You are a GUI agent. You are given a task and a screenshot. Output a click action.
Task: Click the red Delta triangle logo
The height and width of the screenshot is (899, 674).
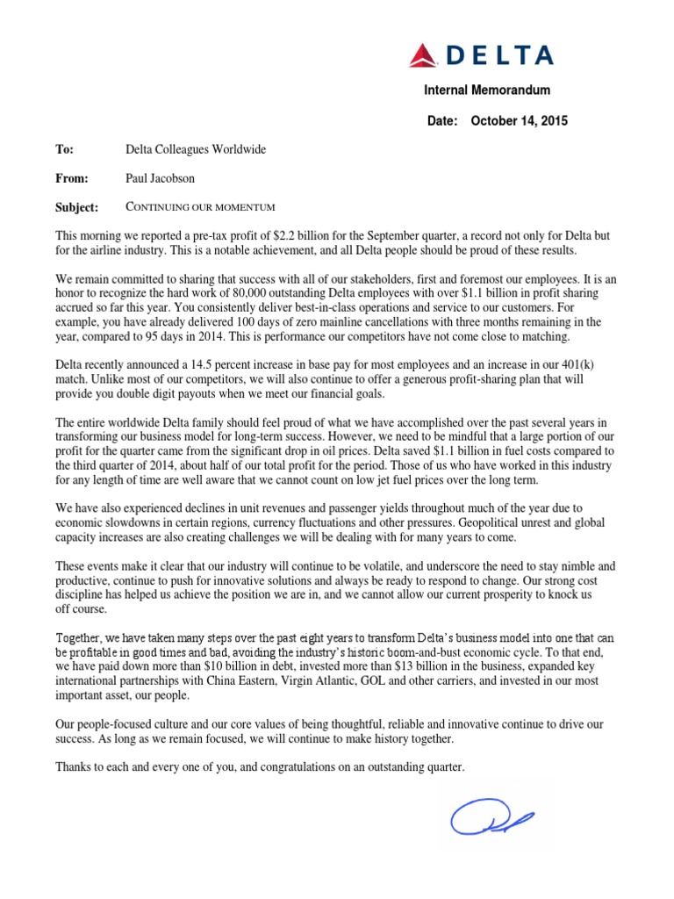click(x=425, y=55)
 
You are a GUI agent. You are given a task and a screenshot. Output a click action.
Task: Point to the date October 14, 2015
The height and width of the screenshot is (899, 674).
click(x=520, y=121)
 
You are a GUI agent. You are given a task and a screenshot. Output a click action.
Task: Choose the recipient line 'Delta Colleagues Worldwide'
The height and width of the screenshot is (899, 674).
click(x=196, y=150)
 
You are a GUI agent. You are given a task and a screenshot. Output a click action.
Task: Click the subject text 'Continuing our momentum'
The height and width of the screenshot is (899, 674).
click(x=201, y=207)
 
